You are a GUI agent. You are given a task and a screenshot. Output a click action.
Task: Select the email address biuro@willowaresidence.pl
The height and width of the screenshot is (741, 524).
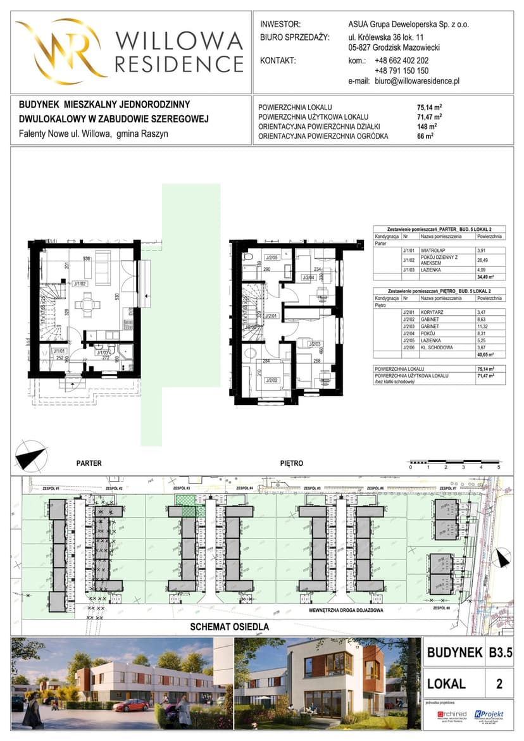416,82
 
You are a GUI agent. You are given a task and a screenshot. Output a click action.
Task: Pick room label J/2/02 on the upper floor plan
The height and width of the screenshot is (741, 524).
272,380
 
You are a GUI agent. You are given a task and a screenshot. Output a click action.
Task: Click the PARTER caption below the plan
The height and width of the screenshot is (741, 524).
89,463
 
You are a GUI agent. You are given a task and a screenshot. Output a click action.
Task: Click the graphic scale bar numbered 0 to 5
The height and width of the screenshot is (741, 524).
454,462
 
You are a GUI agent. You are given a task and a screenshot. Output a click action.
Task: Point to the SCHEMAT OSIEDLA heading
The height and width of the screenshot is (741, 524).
230,627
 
